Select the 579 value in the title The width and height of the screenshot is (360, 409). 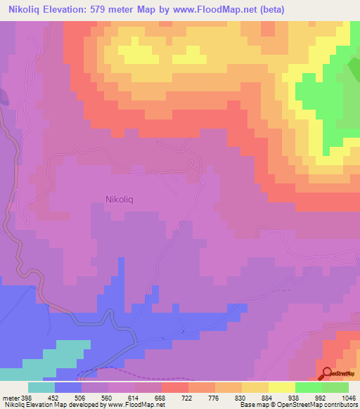[123, 10]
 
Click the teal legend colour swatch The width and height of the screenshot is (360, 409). [41, 387]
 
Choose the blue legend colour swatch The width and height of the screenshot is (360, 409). [68, 387]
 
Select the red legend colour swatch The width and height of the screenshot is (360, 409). [175, 387]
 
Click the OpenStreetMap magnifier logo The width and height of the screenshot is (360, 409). [326, 374]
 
